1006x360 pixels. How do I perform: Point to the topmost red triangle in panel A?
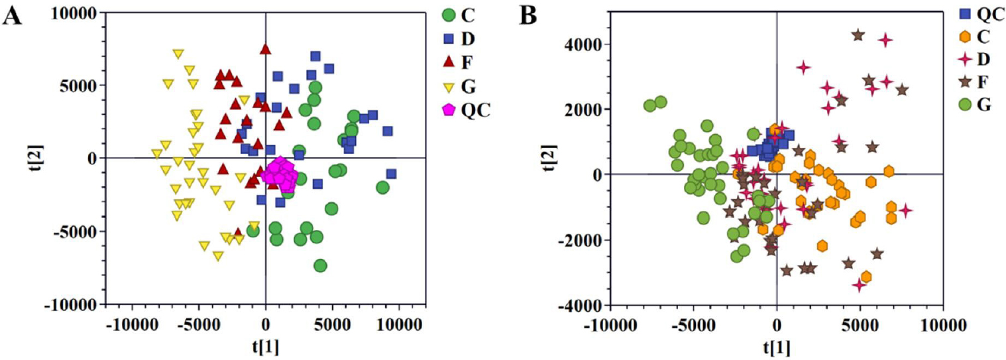point(266,49)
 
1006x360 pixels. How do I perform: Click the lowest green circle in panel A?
point(320,266)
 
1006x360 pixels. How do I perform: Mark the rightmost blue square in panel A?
point(391,174)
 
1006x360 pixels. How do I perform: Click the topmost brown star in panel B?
point(858,35)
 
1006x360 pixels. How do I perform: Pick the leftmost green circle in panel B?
point(650,106)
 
